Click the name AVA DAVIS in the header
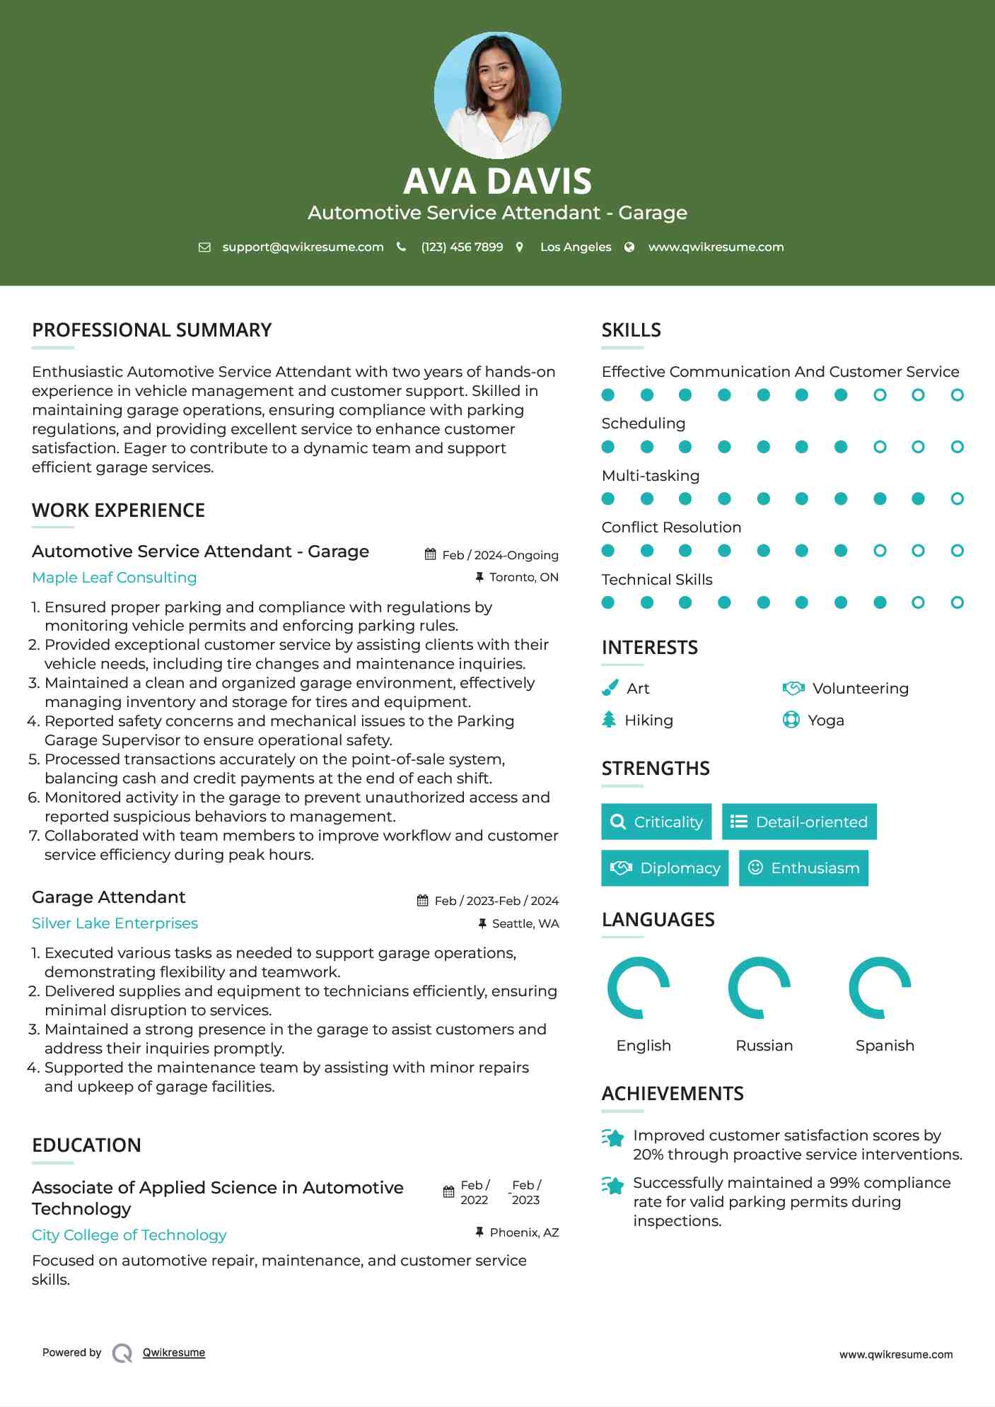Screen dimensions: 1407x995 coord(497,181)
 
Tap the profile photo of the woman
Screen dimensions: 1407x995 coord(497,94)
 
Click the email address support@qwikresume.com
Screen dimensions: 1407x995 coord(303,247)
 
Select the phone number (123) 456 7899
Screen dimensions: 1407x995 coord(462,247)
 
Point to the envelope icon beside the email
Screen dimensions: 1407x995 coord(204,247)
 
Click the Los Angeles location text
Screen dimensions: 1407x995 coord(576,247)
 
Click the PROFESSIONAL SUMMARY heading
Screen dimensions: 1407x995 coord(152,330)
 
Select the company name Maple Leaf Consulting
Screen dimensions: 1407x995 coord(115,578)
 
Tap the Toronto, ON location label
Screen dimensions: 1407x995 coord(523,578)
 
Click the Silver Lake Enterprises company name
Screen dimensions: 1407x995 coord(115,923)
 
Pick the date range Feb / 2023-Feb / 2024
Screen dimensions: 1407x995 coord(496,901)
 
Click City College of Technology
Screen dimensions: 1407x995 coord(129,1235)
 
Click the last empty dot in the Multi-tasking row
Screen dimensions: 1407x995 coord(957,498)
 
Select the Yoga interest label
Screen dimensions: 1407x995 coord(825,720)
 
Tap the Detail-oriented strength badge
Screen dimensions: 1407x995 coord(799,822)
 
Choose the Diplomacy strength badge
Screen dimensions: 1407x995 coord(665,868)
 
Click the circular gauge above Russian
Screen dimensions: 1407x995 coord(760,988)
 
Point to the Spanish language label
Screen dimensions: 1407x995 coord(885,1046)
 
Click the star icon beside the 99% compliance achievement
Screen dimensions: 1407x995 coord(613,1185)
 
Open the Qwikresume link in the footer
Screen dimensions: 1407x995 coord(174,1353)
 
